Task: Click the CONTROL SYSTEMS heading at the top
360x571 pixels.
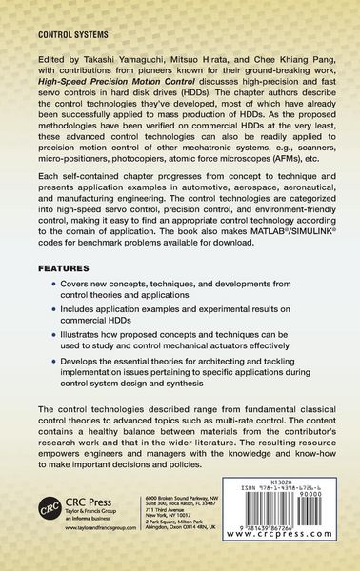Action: (x=63, y=32)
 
